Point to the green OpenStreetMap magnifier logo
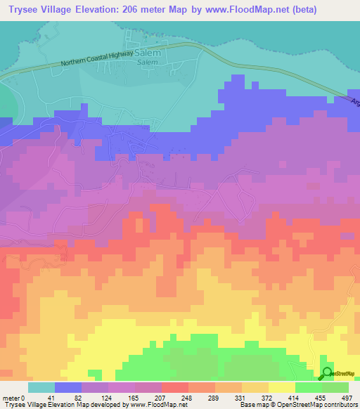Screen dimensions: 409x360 tap(327, 374)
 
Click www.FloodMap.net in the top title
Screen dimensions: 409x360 tap(238, 10)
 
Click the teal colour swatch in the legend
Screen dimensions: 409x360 tap(41, 387)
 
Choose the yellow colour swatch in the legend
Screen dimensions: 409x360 tap(282, 387)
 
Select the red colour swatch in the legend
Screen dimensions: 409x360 tap(175, 387)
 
